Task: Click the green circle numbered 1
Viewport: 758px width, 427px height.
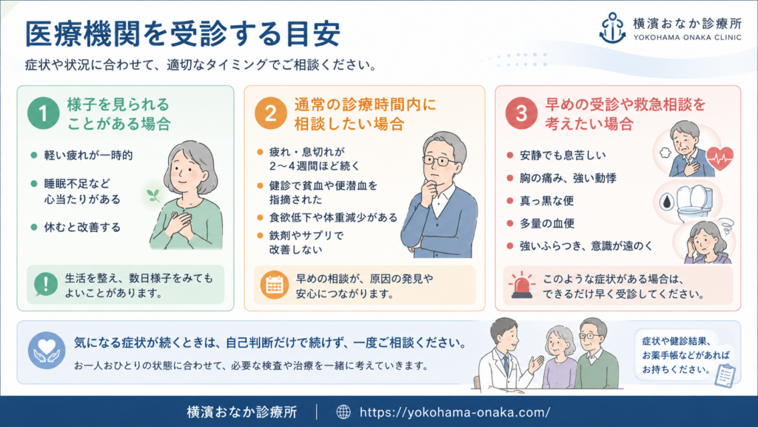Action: pyautogui.click(x=44, y=113)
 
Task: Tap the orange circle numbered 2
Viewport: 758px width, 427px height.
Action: pyautogui.click(x=270, y=113)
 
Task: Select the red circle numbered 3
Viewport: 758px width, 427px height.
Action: pyautogui.click(x=521, y=113)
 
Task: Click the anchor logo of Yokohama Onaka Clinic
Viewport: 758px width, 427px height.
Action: pyautogui.click(x=612, y=28)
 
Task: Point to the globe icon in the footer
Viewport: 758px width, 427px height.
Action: pyautogui.click(x=343, y=412)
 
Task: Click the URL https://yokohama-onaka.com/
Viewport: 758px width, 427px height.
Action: pyautogui.click(x=455, y=412)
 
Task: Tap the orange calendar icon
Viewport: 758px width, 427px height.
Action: pyautogui.click(x=274, y=285)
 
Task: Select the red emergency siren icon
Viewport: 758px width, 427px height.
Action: pyautogui.click(x=522, y=285)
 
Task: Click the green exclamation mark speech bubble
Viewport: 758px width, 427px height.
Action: pyautogui.click(x=46, y=284)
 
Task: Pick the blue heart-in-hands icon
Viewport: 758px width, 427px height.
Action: pyautogui.click(x=47, y=351)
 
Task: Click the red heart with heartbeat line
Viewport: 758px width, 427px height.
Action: pyautogui.click(x=720, y=158)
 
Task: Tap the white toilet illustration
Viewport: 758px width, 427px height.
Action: pyautogui.click(x=694, y=203)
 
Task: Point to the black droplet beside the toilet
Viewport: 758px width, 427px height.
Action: pyautogui.click(x=667, y=202)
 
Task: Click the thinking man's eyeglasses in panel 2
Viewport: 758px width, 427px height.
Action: pyautogui.click(x=440, y=161)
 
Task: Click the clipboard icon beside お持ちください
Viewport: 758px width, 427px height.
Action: pyautogui.click(x=725, y=375)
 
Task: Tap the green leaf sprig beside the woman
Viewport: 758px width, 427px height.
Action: pyautogui.click(x=154, y=195)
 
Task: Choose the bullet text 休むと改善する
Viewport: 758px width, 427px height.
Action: pyautogui.click(x=82, y=228)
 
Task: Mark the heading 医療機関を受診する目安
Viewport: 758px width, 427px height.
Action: pyautogui.click(x=183, y=33)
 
